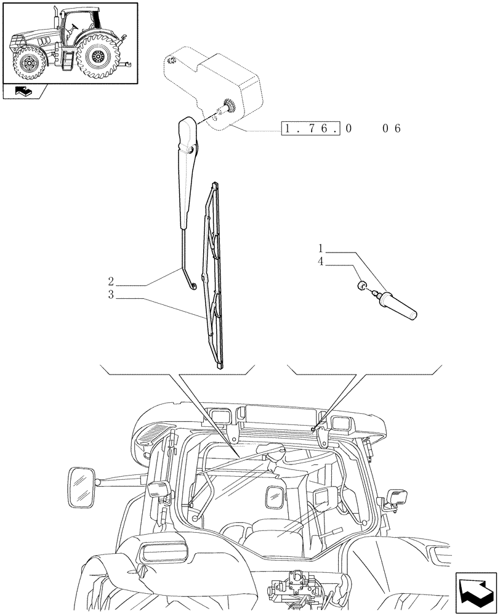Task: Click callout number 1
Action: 321,249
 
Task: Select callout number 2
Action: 111,284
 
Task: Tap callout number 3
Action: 111,296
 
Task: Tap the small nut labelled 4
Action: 363,285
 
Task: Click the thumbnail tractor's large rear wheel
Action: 97,58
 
